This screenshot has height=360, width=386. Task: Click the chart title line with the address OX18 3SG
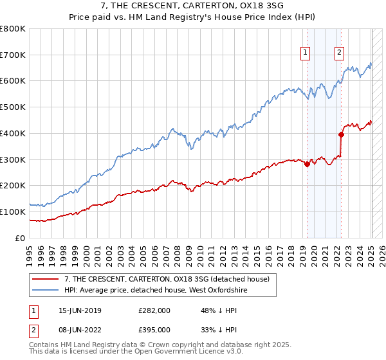(x=193, y=6)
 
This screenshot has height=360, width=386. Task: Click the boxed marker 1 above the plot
(x=304, y=53)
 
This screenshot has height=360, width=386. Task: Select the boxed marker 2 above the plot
(x=339, y=53)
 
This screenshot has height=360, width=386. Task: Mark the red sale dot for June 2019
(x=307, y=164)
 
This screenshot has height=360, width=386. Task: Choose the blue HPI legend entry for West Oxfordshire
(x=156, y=291)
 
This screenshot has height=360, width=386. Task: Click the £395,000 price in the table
(x=154, y=330)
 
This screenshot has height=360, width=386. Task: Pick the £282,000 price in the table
(x=154, y=310)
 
